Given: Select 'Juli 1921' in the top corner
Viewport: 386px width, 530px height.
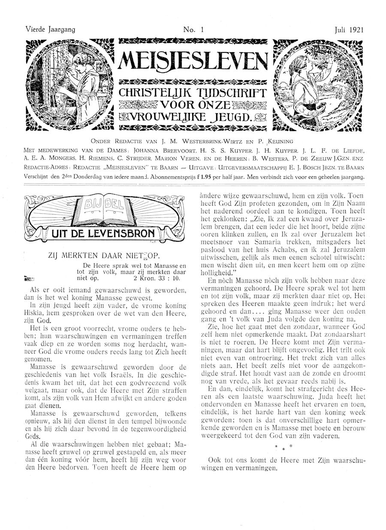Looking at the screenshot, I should (350, 30).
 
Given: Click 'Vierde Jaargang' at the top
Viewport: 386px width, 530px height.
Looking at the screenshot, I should (45, 30).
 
